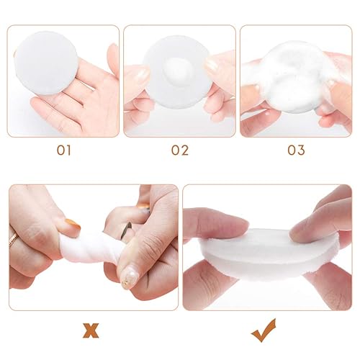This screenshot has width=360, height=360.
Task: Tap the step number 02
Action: [179, 150]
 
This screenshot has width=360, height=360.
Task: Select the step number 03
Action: [296, 150]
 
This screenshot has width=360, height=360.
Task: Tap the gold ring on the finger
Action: [13, 240]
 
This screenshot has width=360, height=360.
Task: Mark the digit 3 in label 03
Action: [300, 150]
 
